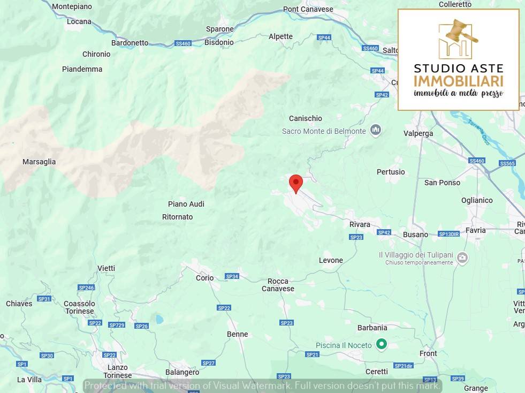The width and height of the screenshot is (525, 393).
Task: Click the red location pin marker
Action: tap(295, 183)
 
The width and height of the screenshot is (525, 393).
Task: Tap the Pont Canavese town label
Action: tap(308, 9)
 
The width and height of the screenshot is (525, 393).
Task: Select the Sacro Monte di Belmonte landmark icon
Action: tap(376, 130)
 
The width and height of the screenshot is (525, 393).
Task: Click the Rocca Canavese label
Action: tap(278, 285)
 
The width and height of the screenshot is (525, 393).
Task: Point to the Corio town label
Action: tap(204, 278)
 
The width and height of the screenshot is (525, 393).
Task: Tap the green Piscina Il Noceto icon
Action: tap(381, 344)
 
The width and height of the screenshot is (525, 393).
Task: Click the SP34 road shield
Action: tap(232, 276)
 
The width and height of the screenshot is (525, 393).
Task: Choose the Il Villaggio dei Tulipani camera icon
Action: tap(463, 258)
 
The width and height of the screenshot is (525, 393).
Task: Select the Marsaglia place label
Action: tap(39, 162)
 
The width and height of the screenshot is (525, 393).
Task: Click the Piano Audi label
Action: tap(186, 204)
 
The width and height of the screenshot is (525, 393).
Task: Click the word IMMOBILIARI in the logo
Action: tap(458, 81)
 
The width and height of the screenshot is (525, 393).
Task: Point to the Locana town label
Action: tap(79, 22)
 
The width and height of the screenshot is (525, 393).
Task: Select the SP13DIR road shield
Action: tap(448, 234)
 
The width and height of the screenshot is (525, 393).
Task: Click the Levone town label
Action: tap(331, 260)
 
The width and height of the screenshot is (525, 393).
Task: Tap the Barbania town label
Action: tap(372, 328)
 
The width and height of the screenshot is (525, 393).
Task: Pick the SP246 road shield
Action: tap(86, 288)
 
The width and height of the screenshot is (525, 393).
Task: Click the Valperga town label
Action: tap(418, 133)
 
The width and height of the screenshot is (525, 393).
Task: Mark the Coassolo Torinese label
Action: tap(79, 307)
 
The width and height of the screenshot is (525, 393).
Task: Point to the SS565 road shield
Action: tap(507, 163)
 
